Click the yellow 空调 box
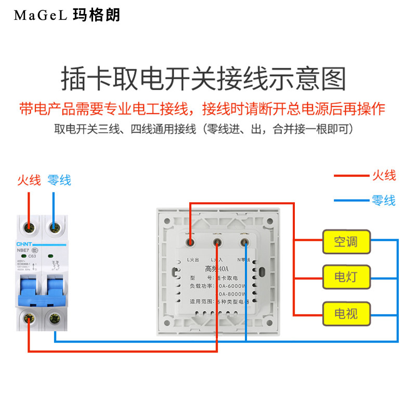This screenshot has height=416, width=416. pyautogui.click(x=346, y=242)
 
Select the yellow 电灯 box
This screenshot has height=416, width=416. pyautogui.click(x=346, y=277)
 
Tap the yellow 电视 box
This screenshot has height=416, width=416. pyautogui.click(x=346, y=314)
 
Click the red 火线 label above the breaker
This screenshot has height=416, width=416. pyautogui.click(x=29, y=180)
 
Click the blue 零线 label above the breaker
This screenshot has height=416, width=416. pyautogui.click(x=59, y=180)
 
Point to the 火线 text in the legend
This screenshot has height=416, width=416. pyautogui.click(x=383, y=176)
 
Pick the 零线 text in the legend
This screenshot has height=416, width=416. pyautogui.click(x=383, y=200)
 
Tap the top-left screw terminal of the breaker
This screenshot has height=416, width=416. pyautogui.click(x=29, y=227)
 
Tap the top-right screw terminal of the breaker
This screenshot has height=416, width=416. pyautogui.click(x=54, y=227)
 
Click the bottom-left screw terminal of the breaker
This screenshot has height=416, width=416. pyautogui.click(x=29, y=318)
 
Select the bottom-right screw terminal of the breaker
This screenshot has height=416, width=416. pyautogui.click(x=54, y=318)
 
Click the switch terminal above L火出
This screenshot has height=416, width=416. pyautogui.click(x=191, y=241)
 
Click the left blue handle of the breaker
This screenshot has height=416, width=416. pyautogui.click(x=29, y=291)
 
